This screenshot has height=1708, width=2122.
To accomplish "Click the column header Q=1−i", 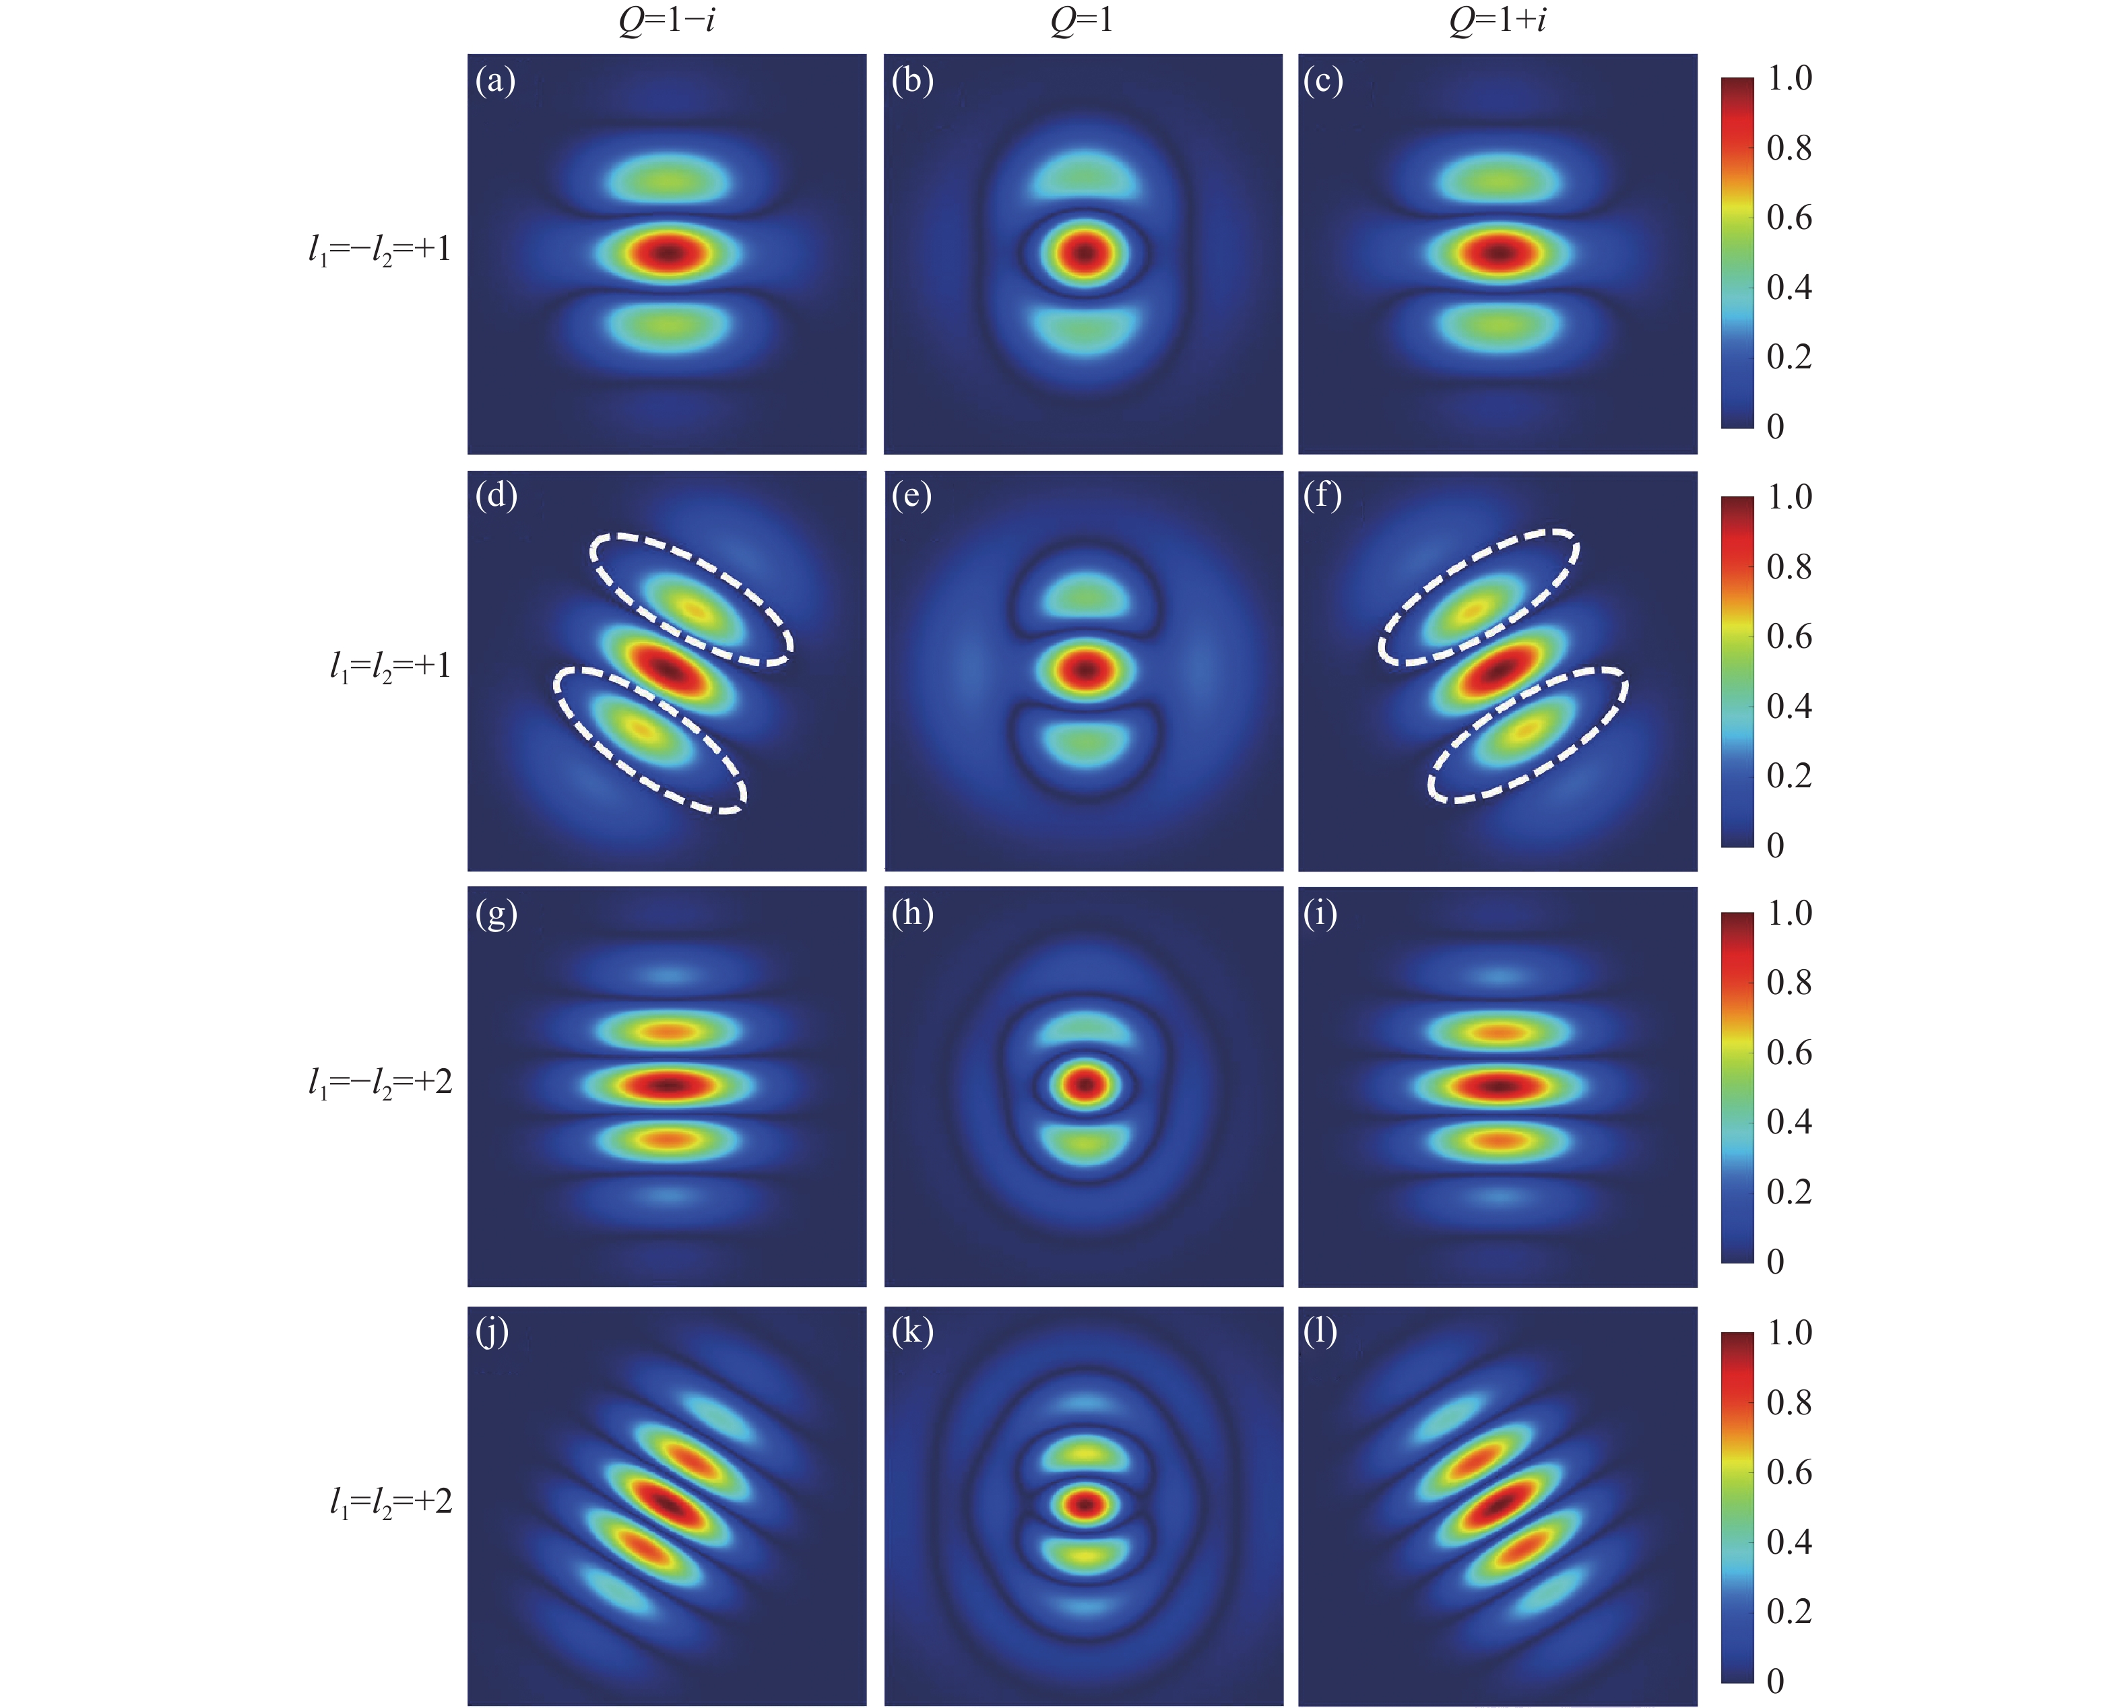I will point(666,20).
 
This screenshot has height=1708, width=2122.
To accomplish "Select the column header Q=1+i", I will point(1497,20).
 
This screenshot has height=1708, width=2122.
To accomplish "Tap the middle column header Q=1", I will point(1082,20).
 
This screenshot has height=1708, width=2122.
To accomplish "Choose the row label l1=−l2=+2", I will point(380,1083).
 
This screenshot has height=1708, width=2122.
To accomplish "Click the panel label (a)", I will point(495,79).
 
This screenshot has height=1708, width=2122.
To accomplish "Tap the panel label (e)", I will point(911,496).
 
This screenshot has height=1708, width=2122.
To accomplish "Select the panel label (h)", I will point(912,914).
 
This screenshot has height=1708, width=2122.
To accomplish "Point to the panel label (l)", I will point(1320,1332).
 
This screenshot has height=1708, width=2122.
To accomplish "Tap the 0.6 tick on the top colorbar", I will point(1789,218).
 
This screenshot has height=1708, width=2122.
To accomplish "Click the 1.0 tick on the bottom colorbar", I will point(1789,1333).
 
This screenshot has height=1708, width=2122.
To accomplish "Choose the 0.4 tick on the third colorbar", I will point(1789,1121).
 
